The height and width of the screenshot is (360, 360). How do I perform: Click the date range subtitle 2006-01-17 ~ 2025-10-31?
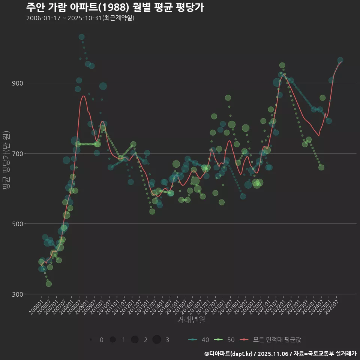click(x=80, y=18)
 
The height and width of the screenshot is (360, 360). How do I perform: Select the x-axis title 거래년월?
click(x=191, y=320)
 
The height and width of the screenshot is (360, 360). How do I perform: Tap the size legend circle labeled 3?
click(x=157, y=340)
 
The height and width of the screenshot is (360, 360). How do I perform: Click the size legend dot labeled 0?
click(x=91, y=340)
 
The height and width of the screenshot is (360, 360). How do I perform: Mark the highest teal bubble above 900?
click(x=81, y=37)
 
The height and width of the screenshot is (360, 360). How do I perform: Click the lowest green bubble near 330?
click(x=49, y=284)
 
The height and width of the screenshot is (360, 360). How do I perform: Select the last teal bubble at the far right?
click(x=340, y=60)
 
